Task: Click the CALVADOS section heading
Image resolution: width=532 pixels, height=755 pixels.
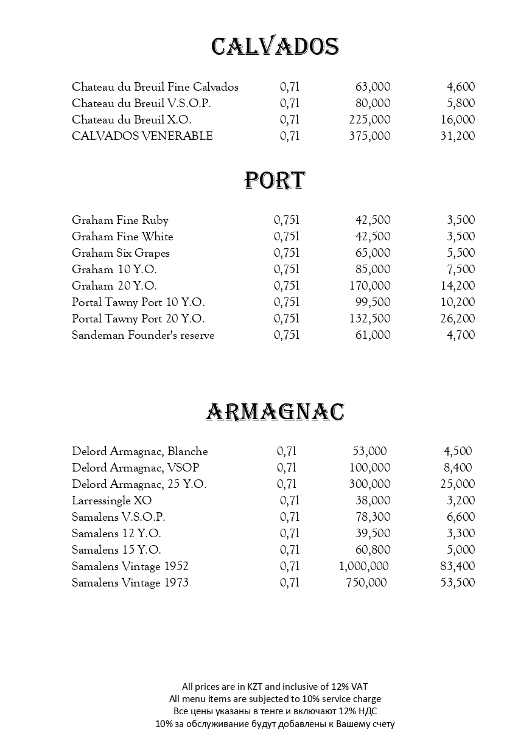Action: pos(275,47)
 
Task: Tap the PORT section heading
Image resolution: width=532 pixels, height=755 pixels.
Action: pos(275,180)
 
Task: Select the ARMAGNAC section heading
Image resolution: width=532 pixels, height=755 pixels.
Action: pos(275,412)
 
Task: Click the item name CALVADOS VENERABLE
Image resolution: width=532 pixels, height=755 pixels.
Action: pos(142,136)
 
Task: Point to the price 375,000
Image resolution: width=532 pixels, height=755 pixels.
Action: pos(369,136)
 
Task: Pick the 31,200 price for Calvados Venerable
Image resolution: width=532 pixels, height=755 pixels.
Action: pos(457,136)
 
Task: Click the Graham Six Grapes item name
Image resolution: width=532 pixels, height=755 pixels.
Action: pos(121,253)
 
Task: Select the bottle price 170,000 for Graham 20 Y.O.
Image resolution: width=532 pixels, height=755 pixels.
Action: pos(369,286)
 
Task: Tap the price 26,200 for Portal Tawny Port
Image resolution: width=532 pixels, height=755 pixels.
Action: pos(457,319)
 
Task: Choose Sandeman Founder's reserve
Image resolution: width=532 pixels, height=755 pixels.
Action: pos(143,335)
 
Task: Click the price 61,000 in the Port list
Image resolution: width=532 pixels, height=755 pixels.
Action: pos(373,335)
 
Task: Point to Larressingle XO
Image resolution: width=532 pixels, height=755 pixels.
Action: pos(111,501)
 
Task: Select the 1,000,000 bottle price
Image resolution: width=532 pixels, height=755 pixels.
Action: pos(363,566)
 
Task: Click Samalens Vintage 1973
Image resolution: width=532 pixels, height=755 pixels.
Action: pos(130,583)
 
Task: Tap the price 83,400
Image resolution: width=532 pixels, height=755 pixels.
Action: pos(457,566)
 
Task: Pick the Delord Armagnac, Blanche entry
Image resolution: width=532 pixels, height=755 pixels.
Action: pos(140,451)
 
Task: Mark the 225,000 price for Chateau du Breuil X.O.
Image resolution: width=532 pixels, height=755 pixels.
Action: pos(369,120)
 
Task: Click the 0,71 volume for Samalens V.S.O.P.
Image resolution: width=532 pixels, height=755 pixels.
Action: pos(290,517)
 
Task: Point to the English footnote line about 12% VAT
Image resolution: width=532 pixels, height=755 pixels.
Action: pos(275,687)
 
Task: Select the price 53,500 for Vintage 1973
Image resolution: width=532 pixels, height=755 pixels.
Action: pos(457,583)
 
